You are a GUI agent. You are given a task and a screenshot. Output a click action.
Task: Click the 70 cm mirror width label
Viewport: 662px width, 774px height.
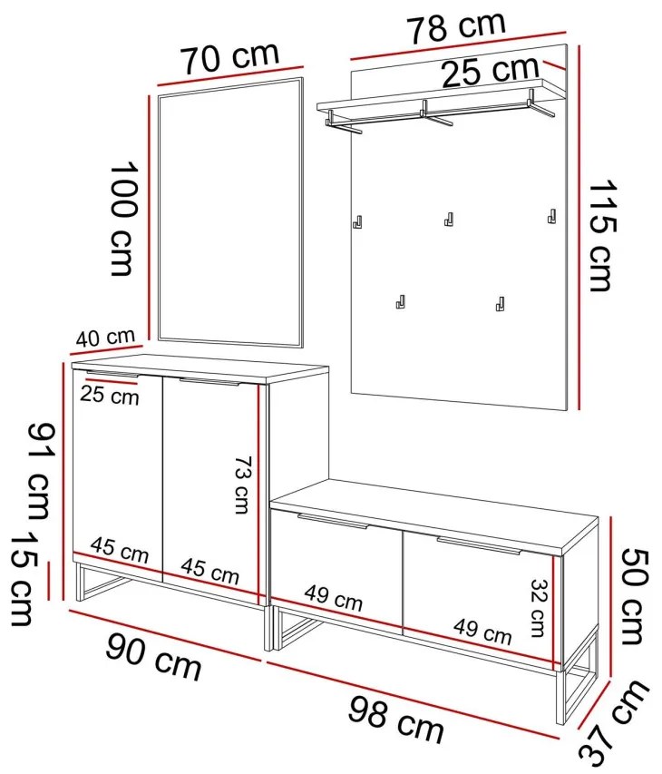[x=230, y=57]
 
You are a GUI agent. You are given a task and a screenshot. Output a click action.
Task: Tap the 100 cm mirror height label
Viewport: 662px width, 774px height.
[x=122, y=218]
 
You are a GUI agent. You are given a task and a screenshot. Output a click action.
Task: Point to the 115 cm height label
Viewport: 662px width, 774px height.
[x=602, y=235]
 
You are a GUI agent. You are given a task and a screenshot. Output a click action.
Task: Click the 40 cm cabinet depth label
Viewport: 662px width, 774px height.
[x=105, y=338]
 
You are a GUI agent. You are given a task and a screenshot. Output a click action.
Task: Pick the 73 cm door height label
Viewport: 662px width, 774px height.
[x=242, y=485]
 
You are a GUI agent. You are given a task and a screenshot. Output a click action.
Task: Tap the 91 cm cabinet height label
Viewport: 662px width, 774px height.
[x=38, y=472]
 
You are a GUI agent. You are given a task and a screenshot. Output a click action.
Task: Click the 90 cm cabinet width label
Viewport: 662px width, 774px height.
[x=153, y=658]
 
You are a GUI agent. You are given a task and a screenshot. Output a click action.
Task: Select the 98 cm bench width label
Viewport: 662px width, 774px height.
[x=396, y=720]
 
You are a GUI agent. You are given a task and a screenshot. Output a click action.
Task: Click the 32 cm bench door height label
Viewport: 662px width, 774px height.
[x=539, y=607]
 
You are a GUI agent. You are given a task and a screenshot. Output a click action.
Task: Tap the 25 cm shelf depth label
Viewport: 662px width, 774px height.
[x=490, y=72]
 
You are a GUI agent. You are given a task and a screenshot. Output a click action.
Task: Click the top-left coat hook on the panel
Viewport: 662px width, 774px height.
[x=358, y=221]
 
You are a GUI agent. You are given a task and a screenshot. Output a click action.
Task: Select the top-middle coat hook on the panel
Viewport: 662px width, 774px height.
[x=448, y=220]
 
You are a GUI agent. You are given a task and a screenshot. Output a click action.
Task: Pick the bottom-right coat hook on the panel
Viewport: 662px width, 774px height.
[x=500, y=304]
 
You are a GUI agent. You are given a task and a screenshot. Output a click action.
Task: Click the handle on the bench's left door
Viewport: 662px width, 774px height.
[x=333, y=521]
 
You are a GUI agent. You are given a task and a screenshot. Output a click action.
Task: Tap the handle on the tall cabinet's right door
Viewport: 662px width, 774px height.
[x=209, y=381]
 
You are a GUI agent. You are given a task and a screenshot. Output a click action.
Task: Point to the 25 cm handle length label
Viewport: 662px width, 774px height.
[x=110, y=396]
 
